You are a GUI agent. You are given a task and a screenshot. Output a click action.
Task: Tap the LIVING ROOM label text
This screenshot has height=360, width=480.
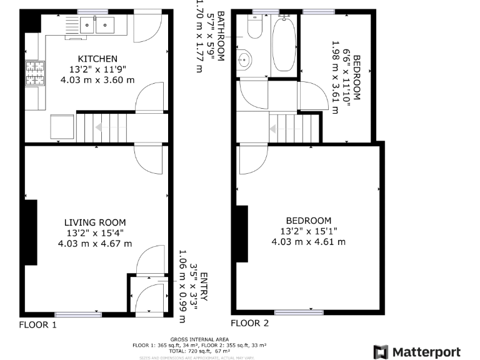95,222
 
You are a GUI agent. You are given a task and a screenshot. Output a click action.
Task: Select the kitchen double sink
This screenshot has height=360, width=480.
97,25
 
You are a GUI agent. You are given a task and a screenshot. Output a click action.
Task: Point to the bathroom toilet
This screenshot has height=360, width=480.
254,28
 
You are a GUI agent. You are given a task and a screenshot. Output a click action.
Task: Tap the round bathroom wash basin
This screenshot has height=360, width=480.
245,60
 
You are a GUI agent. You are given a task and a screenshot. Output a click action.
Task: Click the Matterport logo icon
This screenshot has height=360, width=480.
380,352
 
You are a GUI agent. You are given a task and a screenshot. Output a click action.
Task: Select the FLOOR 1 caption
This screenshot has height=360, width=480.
37,324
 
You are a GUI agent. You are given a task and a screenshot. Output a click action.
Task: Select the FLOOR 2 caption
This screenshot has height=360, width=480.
249,323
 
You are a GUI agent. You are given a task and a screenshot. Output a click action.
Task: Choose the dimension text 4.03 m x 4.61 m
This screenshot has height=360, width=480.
308,241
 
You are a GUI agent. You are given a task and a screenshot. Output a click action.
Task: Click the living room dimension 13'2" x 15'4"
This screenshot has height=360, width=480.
95,232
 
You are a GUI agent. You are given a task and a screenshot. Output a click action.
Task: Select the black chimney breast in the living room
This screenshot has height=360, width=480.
31,232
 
